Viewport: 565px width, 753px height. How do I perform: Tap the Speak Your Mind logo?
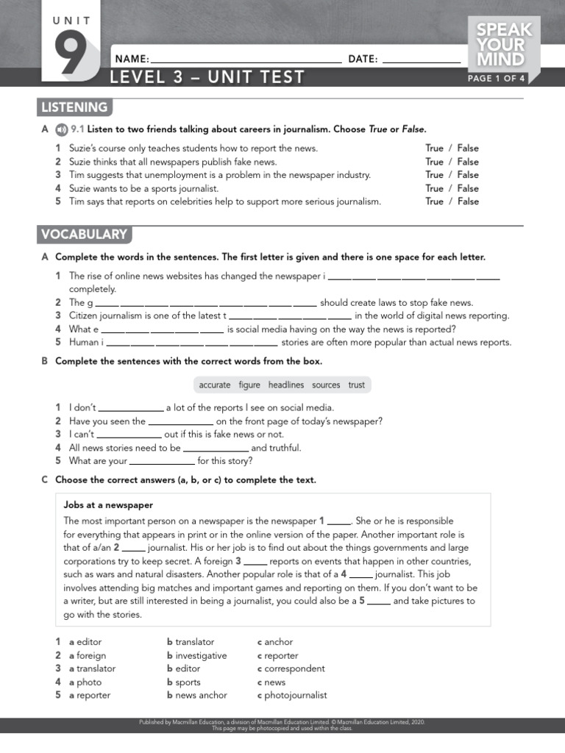click(x=504, y=45)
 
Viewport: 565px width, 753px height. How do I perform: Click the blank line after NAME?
click(x=246, y=60)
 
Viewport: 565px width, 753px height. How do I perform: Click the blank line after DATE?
click(x=422, y=60)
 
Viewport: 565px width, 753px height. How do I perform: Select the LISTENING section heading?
click(x=74, y=107)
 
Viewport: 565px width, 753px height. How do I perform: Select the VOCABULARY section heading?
click(x=85, y=235)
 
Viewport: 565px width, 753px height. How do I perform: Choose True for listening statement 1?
click(x=434, y=149)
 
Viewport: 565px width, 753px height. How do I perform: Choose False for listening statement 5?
click(x=468, y=201)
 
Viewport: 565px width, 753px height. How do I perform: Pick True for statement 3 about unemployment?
click(x=434, y=175)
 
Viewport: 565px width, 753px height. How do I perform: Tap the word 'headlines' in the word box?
click(x=286, y=385)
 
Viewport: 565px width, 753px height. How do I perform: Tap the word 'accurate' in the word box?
click(x=215, y=385)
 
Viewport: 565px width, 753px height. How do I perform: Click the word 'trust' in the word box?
click(x=357, y=385)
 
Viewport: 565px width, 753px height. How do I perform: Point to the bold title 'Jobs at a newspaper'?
click(x=108, y=505)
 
